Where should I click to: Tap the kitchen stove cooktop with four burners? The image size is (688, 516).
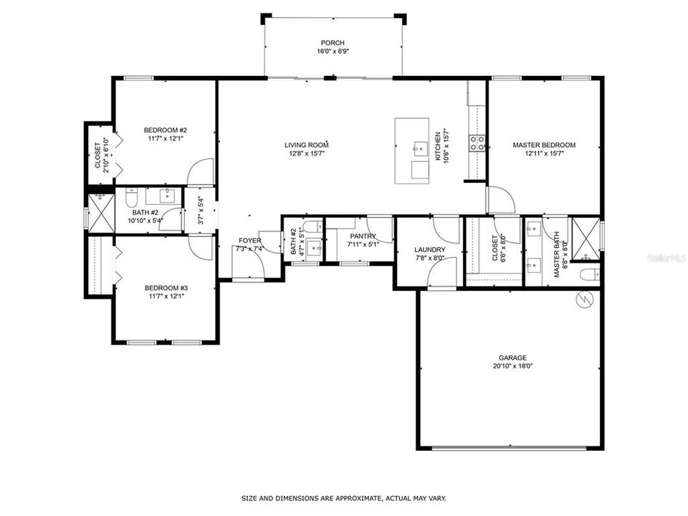(477, 143)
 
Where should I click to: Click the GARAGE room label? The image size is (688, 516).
(512, 358)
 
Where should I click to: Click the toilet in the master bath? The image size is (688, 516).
(588, 274)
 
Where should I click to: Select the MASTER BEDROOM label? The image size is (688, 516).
(543, 145)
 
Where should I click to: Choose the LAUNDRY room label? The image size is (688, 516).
(430, 250)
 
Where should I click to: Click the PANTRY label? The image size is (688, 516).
(363, 236)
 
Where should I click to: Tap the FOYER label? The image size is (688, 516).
(250, 240)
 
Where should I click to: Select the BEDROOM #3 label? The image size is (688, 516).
(166, 287)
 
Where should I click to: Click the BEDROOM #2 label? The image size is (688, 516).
(166, 130)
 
